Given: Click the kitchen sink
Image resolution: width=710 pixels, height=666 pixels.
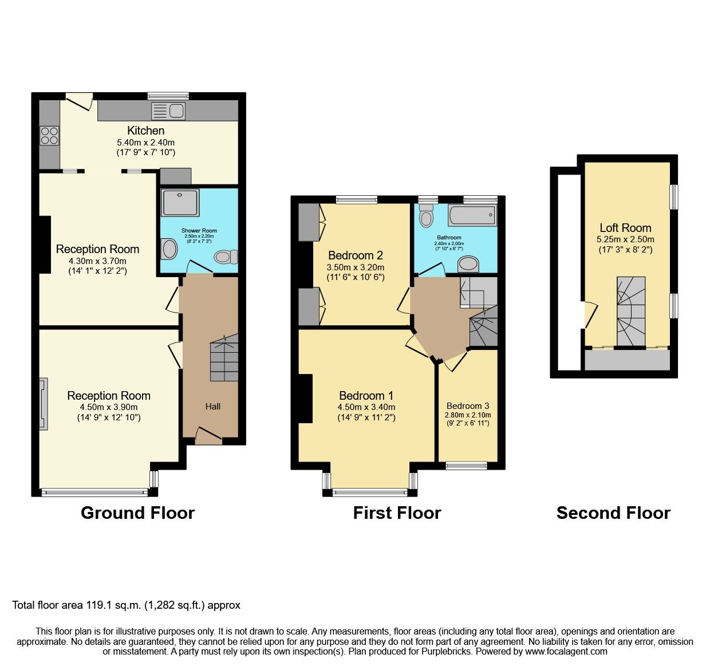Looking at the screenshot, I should pos(168,111).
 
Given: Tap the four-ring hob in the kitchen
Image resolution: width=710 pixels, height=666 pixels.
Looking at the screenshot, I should pos(49,135).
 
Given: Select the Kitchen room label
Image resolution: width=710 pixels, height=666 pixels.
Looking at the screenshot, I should pos(145,131).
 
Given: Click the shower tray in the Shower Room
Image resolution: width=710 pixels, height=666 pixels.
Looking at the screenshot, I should pos(180,203).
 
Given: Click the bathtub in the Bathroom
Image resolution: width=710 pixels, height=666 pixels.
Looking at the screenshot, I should pos(472,216).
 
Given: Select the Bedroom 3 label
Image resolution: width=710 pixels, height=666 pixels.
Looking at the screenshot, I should pos(468,405).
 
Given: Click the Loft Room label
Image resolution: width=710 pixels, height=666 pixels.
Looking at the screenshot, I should pos(625,228).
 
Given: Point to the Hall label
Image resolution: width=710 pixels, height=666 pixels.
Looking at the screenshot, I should pos(212,407).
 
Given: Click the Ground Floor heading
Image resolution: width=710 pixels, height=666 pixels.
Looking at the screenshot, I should pos(137,513).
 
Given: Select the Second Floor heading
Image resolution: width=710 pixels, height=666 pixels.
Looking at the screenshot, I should pos(613,513).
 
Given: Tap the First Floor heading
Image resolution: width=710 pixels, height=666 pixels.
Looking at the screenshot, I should pos(397,513).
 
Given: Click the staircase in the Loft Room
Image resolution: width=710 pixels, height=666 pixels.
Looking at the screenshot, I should pos(631,312).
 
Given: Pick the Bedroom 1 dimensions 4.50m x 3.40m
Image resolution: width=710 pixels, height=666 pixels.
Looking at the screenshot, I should pos(366,407).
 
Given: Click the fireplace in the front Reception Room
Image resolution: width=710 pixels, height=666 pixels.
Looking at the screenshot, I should pos(44,404).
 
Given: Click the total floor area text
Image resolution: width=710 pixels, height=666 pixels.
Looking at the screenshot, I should pos(127,605).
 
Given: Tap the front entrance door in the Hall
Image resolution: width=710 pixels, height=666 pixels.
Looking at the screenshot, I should pos(208,436).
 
